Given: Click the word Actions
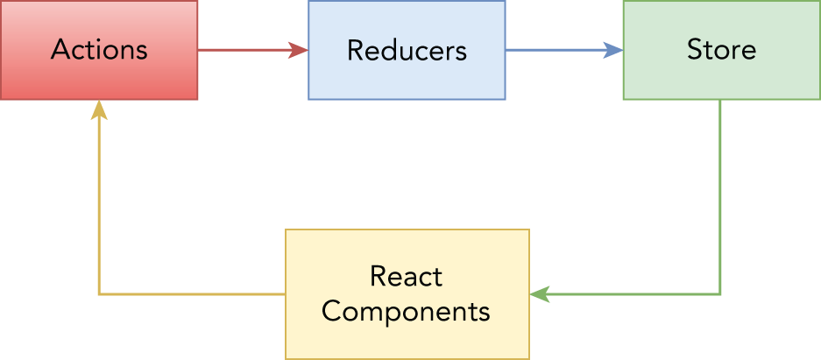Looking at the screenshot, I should pos(99,49).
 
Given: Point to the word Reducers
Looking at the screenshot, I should pos(407,50).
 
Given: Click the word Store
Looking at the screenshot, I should pos(721,49).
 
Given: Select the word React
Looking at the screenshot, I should pos(407,277).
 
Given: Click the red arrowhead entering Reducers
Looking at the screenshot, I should pos(300,50).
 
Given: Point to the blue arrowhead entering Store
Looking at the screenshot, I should pos(615,50).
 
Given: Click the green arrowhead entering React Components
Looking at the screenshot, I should pos(539,294).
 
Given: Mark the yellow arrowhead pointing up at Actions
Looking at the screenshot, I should pos(99,109).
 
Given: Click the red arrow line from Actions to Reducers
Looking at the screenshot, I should pos(245,50).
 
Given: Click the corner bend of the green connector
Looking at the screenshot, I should pos(719,294).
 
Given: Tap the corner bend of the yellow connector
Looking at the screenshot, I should pos(99,294).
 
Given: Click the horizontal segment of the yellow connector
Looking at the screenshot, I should pos(193,294).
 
